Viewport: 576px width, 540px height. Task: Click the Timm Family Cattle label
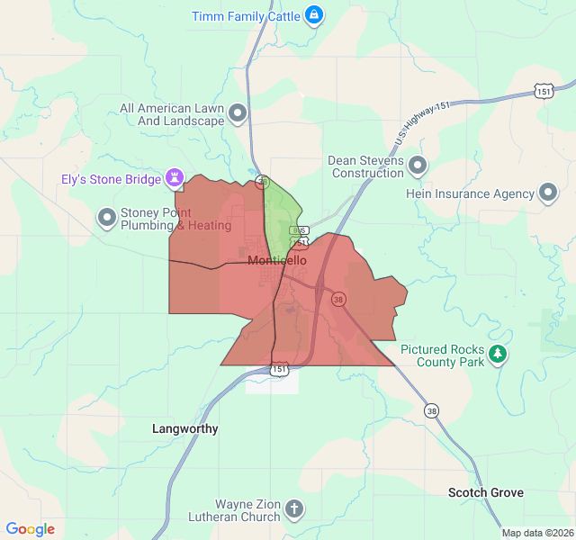pyautogui.click(x=246, y=15)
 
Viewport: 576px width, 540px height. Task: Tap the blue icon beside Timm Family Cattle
pyautogui.click(x=313, y=15)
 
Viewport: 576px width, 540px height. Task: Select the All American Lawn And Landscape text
pyautogui.click(x=171, y=114)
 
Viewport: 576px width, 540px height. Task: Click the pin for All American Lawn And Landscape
pyautogui.click(x=238, y=113)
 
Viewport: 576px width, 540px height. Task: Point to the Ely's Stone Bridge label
pyautogui.click(x=111, y=178)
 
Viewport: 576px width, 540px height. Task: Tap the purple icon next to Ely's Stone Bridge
pyautogui.click(x=175, y=178)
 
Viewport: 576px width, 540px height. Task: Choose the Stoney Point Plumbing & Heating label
pyautogui.click(x=176, y=219)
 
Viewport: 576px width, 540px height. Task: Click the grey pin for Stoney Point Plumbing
pyautogui.click(x=107, y=218)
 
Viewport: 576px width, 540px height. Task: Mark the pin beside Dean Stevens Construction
pyautogui.click(x=418, y=166)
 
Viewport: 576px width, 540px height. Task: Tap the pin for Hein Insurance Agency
pyautogui.click(x=548, y=193)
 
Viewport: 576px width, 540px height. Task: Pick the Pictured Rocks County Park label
pyautogui.click(x=442, y=355)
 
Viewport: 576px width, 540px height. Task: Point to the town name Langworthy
pyautogui.click(x=185, y=428)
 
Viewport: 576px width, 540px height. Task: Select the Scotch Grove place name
pyautogui.click(x=486, y=492)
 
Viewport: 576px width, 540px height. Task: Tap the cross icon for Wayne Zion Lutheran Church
pyautogui.click(x=293, y=510)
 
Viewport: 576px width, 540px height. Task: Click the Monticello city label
pyautogui.click(x=276, y=260)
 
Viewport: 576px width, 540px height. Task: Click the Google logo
pyautogui.click(x=30, y=529)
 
